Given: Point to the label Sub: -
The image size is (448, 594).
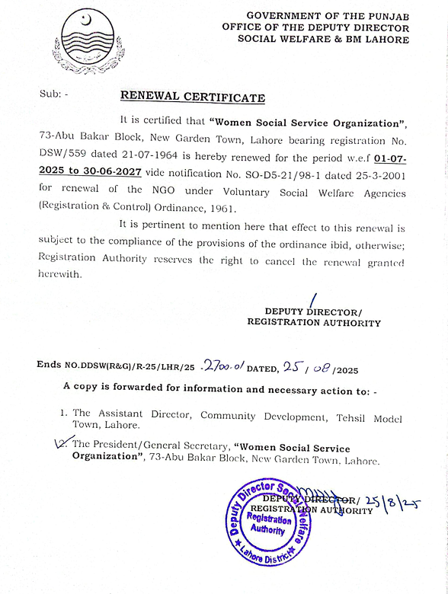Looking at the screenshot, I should pyautogui.click(x=53, y=94).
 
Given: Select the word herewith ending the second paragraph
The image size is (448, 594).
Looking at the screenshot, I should pyautogui.click(x=59, y=274).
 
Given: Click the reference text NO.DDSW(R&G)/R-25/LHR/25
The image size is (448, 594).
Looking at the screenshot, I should pyautogui.click(x=130, y=367).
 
